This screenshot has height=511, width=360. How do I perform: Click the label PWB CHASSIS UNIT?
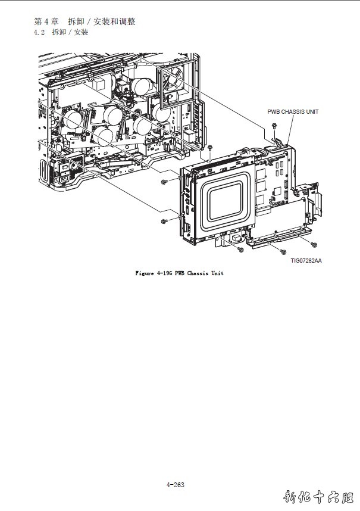click(x=293, y=111)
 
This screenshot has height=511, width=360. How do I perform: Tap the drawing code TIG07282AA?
click(x=306, y=260)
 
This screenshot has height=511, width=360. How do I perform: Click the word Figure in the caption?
click(x=145, y=273)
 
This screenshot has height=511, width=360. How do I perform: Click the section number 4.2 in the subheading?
click(x=40, y=32)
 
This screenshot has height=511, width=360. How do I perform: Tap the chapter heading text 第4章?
click(x=46, y=21)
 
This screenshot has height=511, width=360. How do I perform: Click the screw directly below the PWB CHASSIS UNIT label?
click(x=273, y=126)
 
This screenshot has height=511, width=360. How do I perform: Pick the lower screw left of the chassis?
click(x=163, y=221)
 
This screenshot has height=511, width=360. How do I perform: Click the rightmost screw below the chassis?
click(x=314, y=242)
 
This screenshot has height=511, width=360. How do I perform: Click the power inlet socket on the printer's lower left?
click(x=61, y=176)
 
